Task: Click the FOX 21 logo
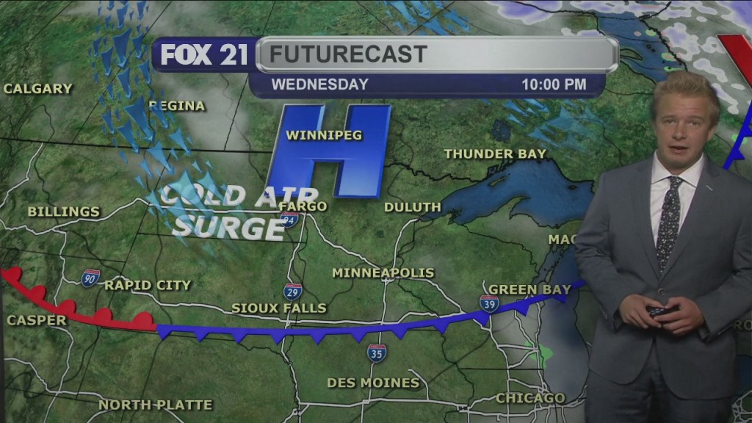point(204,55)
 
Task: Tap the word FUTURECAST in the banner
point(347,54)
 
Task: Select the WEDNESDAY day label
point(319,84)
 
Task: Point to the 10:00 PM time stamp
point(554,84)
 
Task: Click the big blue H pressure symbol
point(330,151)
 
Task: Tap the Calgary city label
point(38,89)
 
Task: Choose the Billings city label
point(63,211)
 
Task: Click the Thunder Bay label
point(495,153)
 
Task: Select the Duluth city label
point(412,207)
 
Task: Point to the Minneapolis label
point(383,272)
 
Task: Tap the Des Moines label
point(373,383)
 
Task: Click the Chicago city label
point(530,398)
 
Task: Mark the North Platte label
point(156,405)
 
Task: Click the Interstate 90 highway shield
point(90,278)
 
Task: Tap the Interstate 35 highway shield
point(377,353)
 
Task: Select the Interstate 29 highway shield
point(292,291)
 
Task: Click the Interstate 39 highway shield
point(489,303)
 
